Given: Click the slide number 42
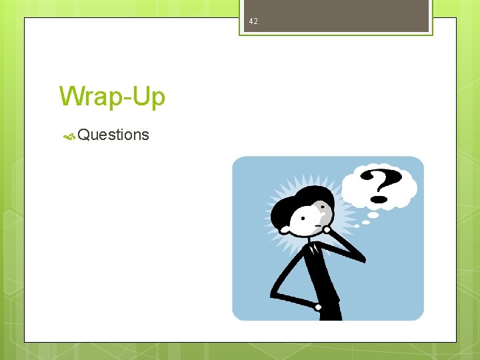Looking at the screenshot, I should (253, 22).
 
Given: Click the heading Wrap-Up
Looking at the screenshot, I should (112, 97).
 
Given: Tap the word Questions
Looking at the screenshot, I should (113, 135).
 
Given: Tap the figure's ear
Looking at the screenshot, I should (285, 229).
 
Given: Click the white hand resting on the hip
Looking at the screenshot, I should (319, 307).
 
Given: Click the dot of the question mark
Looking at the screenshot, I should (379, 199).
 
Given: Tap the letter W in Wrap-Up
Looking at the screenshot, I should (71, 97).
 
